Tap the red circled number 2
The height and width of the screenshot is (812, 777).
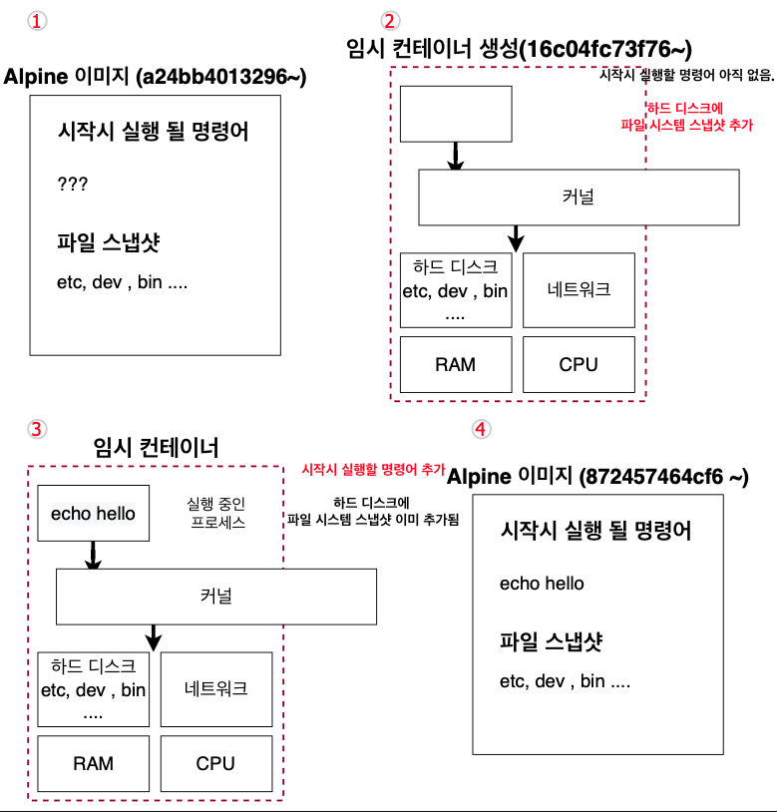(391, 21)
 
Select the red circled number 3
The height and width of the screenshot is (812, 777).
(38, 429)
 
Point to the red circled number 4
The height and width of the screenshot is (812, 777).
(482, 429)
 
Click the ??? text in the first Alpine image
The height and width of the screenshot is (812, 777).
(73, 185)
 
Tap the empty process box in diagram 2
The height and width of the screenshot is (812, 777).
(456, 114)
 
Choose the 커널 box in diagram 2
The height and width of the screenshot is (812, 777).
(579, 197)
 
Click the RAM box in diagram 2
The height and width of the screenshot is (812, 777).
(455, 364)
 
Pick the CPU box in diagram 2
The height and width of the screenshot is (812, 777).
(579, 364)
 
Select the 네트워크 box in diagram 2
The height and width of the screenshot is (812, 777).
(579, 290)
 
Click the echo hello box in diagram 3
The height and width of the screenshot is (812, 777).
(93, 514)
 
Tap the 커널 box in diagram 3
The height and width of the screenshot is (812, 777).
(215, 596)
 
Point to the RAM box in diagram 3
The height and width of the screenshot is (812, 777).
(93, 763)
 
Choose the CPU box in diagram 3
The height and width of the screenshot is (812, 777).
(215, 763)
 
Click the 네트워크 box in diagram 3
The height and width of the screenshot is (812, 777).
(215, 689)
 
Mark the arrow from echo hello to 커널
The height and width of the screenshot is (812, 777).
(93, 556)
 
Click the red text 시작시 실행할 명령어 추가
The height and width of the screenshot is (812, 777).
(372, 469)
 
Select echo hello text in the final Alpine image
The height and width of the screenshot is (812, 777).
(542, 584)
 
